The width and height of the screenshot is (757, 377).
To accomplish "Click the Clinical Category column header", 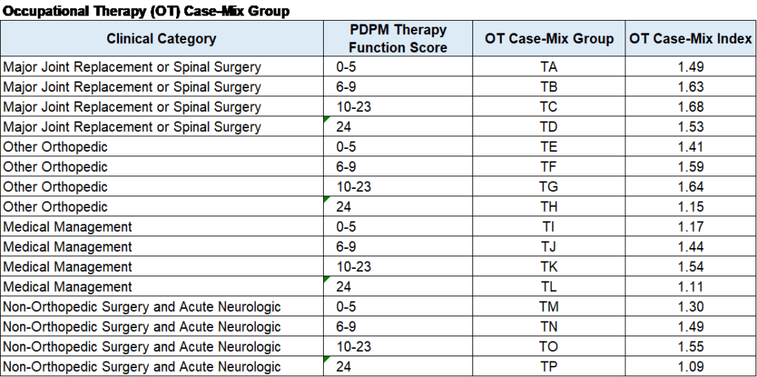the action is pos(161,39).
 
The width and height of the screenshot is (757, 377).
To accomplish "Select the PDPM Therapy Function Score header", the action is pos(398,39).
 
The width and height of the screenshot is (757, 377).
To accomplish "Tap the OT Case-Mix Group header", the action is pos(549,39).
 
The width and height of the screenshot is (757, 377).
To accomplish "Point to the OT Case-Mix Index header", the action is pos(691,39).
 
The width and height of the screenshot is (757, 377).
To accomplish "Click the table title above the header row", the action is pos(146,12).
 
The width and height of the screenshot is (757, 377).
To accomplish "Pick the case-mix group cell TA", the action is pos(549,67).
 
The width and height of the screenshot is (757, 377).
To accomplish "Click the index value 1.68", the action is pos(691,107).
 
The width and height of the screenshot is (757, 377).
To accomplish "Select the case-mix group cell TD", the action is pos(549,127).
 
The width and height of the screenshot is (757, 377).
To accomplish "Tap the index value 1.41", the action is pos(691,147).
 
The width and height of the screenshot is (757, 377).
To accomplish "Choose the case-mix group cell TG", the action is pos(549,187).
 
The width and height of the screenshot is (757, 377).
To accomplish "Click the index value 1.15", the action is pos(691,207).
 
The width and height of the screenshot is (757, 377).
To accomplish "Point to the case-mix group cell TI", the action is pos(549,227).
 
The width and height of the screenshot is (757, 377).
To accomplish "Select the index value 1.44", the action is pos(691,247).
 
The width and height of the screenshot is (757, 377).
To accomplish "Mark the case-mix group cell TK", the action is pos(549,267).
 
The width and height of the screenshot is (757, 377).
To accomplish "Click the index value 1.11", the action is pos(691,287).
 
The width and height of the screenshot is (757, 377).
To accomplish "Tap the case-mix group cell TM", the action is pos(549,307).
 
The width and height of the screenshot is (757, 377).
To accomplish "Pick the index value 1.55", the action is pos(691,347).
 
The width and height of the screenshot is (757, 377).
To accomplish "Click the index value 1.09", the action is pos(691,367).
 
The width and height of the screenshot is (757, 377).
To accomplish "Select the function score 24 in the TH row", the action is pos(344,207).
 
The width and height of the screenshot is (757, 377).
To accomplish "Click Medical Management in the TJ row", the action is pos(67,247).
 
